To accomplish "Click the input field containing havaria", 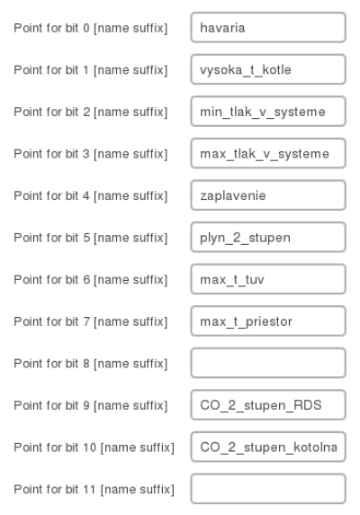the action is tap(268, 28).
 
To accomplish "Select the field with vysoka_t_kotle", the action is tap(268, 69).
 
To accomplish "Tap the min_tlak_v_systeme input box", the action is tap(268, 112).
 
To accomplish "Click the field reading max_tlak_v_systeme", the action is tap(268, 153).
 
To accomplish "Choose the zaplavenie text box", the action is tap(268, 195).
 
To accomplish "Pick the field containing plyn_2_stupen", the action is tap(268, 237).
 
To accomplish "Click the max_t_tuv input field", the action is tap(268, 279).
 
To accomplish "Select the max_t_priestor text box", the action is tap(268, 321).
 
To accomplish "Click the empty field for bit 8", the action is tap(268, 363).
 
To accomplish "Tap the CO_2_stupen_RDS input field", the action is tap(268, 405).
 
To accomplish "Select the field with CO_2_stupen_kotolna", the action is tap(268, 447).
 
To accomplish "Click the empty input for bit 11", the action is tap(268, 489).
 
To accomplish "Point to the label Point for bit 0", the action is tap(91, 28).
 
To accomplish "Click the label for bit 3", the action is tap(91, 154).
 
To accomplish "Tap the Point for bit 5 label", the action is tap(91, 238).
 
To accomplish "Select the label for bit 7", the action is tap(91, 322).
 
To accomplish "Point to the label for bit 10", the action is tap(94, 447).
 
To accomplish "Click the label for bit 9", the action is tap(91, 406).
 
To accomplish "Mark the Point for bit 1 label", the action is tap(91, 70).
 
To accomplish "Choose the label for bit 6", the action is tap(91, 280).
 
